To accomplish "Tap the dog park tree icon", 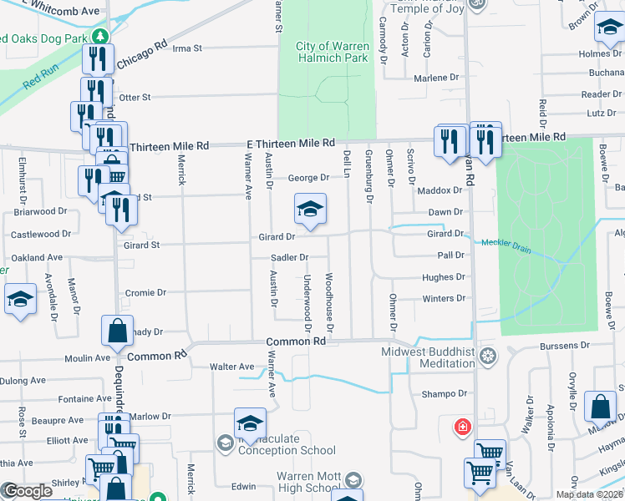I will click(x=100, y=37).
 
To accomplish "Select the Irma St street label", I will click(x=187, y=48).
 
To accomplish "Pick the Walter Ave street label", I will click(x=231, y=367).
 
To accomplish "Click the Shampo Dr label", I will click(x=443, y=394).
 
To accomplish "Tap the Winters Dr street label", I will click(x=443, y=298).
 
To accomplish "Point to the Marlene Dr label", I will click(x=437, y=78).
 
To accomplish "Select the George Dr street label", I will click(x=309, y=178).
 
